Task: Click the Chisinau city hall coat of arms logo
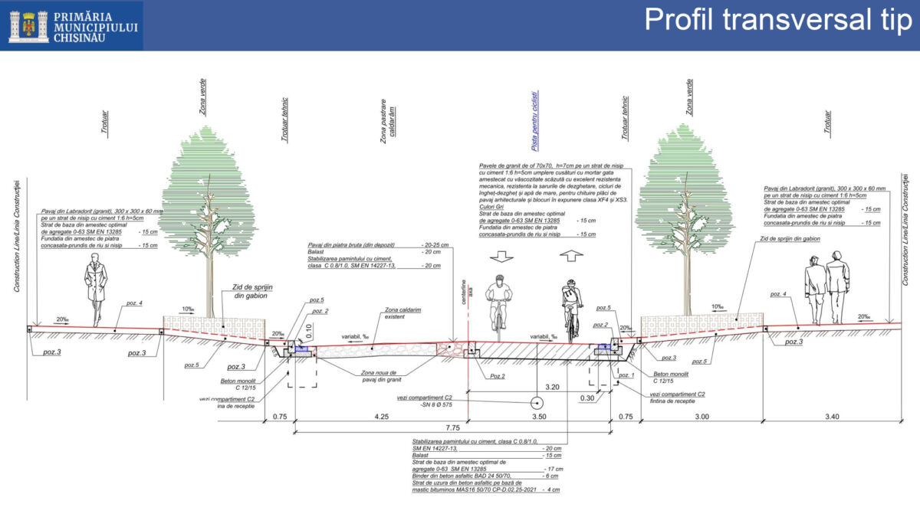28,25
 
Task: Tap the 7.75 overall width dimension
452,427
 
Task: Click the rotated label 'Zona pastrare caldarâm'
388,119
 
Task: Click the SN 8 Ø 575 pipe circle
537,402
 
